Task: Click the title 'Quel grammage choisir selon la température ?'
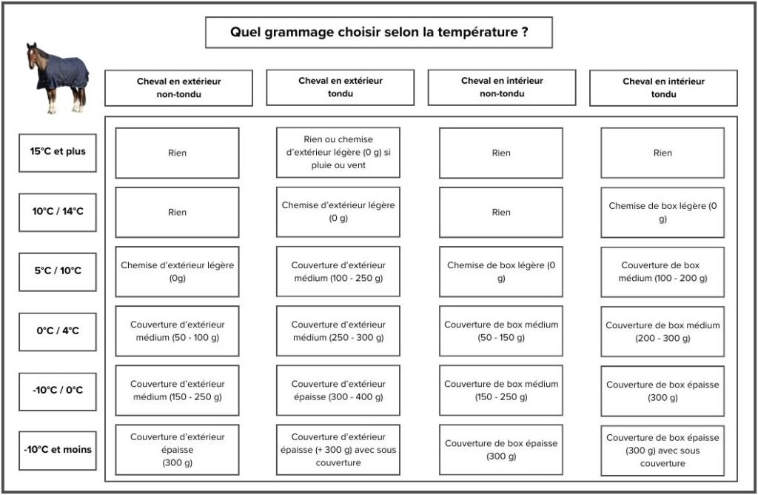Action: tap(379, 33)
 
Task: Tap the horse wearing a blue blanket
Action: tap(58, 78)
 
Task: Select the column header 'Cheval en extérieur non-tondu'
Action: tap(179, 87)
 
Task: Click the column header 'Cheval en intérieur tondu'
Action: tap(663, 87)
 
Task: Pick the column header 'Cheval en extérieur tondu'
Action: tap(341, 87)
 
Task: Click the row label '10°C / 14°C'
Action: tap(58, 212)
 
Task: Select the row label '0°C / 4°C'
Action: tap(58, 331)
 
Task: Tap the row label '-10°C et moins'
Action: tap(58, 451)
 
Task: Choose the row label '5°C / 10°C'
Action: tap(58, 271)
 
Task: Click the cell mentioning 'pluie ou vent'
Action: tap(338, 153)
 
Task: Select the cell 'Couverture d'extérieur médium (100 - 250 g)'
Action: tap(338, 271)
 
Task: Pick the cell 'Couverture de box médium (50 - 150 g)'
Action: tap(501, 331)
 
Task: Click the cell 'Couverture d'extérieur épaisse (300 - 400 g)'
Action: tap(338, 390)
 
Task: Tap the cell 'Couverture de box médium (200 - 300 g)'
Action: tap(663, 331)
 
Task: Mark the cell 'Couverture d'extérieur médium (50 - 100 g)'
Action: tap(177, 331)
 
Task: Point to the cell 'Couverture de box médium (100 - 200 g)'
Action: tap(663, 272)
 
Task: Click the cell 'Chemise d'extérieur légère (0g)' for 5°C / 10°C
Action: tap(177, 271)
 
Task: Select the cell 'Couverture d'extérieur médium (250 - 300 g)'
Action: tap(338, 331)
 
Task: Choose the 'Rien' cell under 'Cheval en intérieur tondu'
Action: tap(663, 153)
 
